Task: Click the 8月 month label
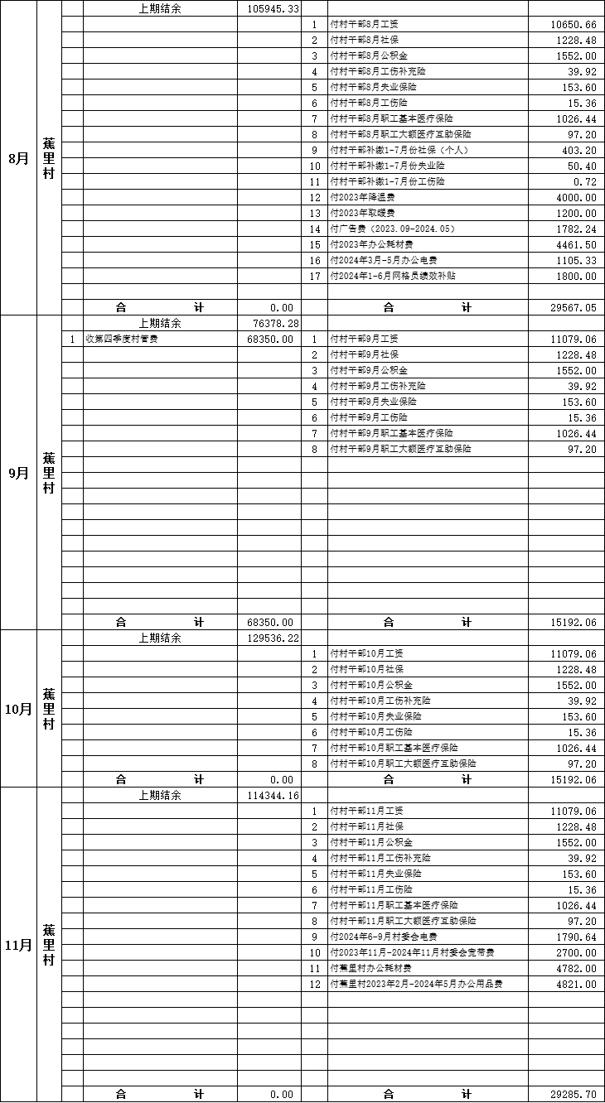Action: click(18, 157)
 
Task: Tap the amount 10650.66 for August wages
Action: click(573, 24)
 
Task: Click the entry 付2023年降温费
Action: click(362, 197)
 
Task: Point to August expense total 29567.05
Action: click(573, 307)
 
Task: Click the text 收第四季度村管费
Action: click(122, 339)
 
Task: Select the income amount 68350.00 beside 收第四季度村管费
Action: click(269, 339)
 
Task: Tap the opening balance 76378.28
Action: click(273, 323)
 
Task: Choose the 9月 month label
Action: click(18, 473)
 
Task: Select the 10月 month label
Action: click(18, 709)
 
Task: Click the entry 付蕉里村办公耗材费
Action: click(371, 968)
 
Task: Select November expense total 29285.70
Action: click(573, 1094)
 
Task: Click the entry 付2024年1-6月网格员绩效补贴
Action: click(393, 276)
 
